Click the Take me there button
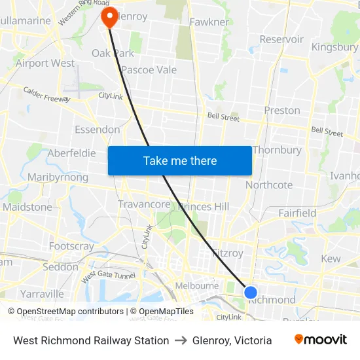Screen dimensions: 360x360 pyautogui.click(x=180, y=160)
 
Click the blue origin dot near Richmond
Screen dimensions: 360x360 pyautogui.click(x=251, y=292)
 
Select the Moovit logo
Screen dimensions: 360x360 pyautogui.click(x=321, y=340)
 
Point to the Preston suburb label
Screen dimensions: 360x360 pyautogui.click(x=282, y=110)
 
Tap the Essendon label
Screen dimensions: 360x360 pyautogui.click(x=98, y=130)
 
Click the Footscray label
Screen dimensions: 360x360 pyautogui.click(x=71, y=246)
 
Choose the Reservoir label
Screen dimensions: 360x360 pyautogui.click(x=281, y=39)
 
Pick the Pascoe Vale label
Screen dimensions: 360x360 pyautogui.click(x=149, y=70)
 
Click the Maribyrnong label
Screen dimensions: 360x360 pyautogui.click(x=58, y=177)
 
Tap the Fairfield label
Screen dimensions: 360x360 pyautogui.click(x=297, y=213)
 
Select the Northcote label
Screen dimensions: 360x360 pyautogui.click(x=269, y=185)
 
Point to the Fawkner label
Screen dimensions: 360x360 pyautogui.click(x=209, y=22)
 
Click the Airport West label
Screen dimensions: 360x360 pyautogui.click(x=45, y=63)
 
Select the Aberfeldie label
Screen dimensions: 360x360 pyautogui.click(x=72, y=153)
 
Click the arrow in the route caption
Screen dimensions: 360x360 pyautogui.click(x=181, y=340)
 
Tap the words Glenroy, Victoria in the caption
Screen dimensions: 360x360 pyautogui.click(x=232, y=340)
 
